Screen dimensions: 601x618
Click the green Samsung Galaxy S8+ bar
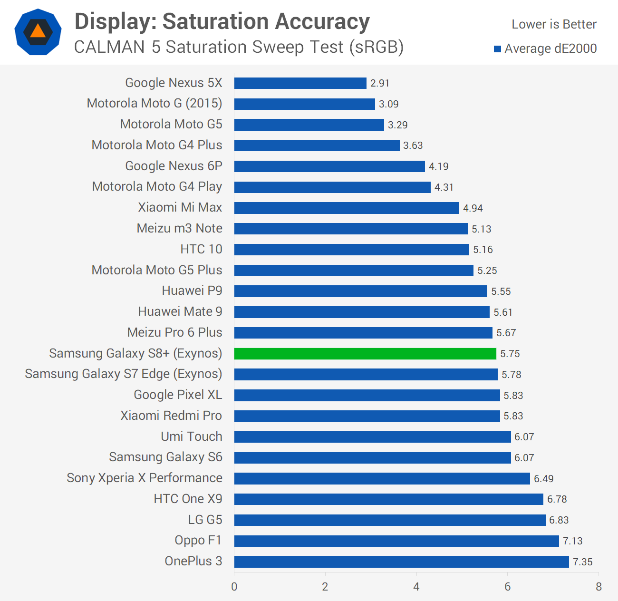click(365, 354)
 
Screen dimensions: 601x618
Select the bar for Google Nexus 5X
click(300, 83)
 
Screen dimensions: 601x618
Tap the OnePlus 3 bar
click(402, 562)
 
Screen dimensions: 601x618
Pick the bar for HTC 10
click(352, 250)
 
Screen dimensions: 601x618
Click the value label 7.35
click(582, 562)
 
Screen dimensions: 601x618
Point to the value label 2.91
click(380, 83)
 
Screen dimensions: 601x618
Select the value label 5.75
click(510, 354)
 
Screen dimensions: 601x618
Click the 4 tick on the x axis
click(416, 587)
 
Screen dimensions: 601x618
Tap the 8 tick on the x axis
click(599, 587)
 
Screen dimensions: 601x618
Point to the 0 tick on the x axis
click(234, 587)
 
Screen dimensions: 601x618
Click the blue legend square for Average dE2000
click(498, 49)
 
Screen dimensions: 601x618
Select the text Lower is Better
click(554, 24)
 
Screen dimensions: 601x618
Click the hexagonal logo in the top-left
click(38, 32)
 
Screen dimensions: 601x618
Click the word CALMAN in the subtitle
click(109, 47)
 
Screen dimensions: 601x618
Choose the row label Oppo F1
click(198, 541)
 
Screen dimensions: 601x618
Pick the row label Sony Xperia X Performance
click(145, 478)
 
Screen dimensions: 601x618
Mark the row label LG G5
click(205, 520)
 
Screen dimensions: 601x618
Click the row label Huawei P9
click(192, 291)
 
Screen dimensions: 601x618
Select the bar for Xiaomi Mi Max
click(347, 208)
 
